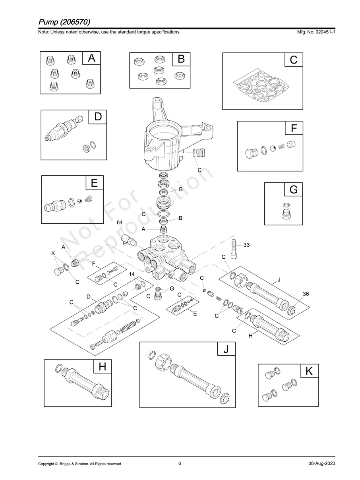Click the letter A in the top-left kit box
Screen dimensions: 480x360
click(91, 58)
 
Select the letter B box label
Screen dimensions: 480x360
click(181, 59)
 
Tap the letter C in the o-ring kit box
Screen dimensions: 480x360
click(293, 60)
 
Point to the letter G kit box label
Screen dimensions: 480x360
click(293, 190)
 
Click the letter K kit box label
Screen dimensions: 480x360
click(309, 372)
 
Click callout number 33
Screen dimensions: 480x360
click(246, 245)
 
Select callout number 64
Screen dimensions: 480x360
click(120, 223)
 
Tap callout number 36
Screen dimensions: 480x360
click(306, 294)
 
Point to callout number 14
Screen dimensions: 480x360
click(132, 275)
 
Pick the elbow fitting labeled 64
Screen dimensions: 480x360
click(129, 240)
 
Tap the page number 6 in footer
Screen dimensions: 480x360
click(180, 463)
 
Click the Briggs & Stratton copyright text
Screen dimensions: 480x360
click(79, 464)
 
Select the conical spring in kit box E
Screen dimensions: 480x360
click(90, 199)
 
